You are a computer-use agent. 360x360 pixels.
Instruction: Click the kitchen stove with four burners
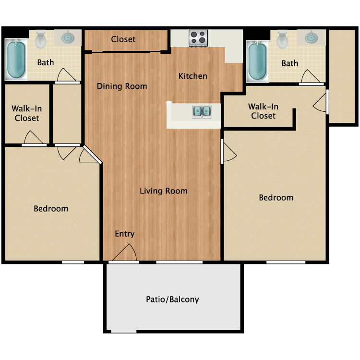198,38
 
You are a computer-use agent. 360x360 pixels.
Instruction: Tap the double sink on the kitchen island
202,112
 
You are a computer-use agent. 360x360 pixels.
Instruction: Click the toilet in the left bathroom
41,39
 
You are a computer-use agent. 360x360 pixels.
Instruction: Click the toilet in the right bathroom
282,39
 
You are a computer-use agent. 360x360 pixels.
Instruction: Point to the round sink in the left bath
68,36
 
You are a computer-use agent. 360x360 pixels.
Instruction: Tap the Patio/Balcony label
172,300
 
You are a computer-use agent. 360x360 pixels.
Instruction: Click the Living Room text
163,191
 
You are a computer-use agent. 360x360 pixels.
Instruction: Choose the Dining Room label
122,86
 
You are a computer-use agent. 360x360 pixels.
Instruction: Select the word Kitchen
193,76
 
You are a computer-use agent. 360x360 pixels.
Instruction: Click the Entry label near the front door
124,234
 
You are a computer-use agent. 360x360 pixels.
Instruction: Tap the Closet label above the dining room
123,39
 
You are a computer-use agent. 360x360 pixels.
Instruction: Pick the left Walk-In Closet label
26,113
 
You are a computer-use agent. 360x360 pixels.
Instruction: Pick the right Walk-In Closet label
263,111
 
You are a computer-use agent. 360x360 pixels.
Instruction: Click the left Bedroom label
51,209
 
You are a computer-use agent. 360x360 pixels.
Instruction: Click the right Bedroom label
276,198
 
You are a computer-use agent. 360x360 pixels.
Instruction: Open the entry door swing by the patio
126,253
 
